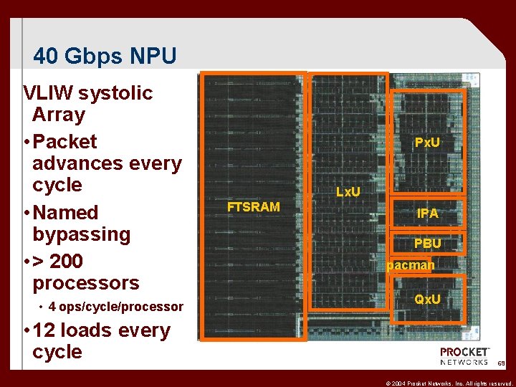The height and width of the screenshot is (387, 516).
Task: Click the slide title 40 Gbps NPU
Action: (105, 56)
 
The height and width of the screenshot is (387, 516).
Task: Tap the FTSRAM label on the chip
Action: (253, 207)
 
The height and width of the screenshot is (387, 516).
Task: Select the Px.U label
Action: (427, 143)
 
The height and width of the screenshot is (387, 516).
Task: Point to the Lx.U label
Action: (348, 192)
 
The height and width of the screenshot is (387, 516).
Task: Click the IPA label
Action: (428, 214)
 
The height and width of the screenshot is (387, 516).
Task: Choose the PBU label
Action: (427, 244)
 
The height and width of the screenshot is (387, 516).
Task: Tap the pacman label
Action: (411, 266)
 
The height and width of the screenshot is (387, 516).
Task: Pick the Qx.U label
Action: (428, 299)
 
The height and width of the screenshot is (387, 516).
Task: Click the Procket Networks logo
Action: (464, 356)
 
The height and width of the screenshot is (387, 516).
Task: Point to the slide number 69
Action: (500, 364)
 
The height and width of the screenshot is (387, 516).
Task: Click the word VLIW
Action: (48, 93)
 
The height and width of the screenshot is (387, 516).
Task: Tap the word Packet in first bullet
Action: (64, 141)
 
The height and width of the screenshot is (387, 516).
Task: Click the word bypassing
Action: (82, 234)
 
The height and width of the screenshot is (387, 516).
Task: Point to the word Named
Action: (65, 213)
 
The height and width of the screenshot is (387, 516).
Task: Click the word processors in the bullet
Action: (86, 282)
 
